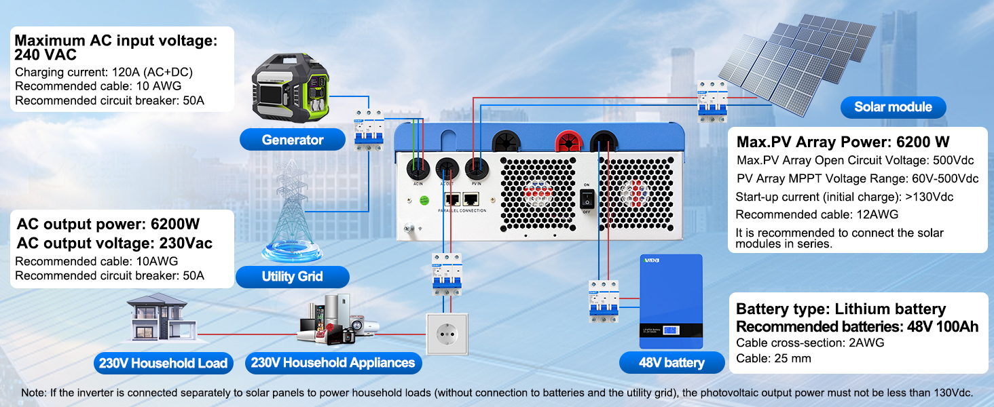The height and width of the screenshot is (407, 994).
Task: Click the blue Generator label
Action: click(293, 140)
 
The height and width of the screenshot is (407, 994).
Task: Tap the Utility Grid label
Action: click(292, 277)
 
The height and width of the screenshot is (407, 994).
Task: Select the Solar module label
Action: click(893, 106)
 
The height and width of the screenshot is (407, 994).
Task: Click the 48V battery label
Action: click(671, 362)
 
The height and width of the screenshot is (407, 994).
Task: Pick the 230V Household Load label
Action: click(163, 363)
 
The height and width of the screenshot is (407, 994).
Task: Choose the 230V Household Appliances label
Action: click(333, 363)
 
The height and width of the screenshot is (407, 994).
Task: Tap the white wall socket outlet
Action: click(447, 334)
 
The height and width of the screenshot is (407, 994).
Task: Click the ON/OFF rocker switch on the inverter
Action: click(587, 198)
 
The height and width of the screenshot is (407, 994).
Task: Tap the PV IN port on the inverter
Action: click(477, 168)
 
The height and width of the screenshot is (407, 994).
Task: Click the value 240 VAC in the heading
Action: click(46, 55)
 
